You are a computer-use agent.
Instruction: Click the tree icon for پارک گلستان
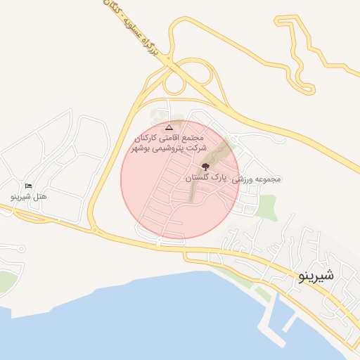point(205,167)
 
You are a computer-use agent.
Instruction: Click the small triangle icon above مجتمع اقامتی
point(168,127)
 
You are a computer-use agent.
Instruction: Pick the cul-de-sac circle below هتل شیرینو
point(22,248)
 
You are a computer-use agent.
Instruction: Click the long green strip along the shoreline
point(239,278)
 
